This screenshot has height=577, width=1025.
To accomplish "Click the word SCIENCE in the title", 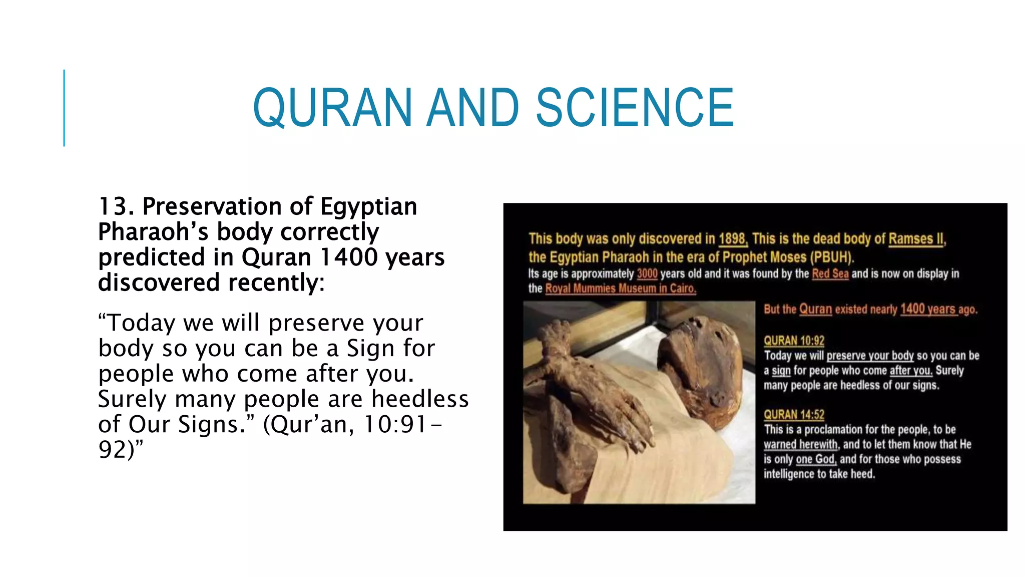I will tap(634, 107).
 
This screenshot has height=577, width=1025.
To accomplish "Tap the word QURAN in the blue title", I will tap(332, 107).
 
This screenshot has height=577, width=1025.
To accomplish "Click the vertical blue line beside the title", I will tap(64, 108).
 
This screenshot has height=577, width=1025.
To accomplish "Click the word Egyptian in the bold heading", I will tap(368, 207).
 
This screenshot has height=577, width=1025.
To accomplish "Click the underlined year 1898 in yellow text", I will tap(733, 239).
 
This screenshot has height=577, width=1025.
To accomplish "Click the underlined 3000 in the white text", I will tap(647, 274).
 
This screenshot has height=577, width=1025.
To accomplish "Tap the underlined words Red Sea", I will tap(830, 274).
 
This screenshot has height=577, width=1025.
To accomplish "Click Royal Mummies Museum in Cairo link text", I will tap(620, 288).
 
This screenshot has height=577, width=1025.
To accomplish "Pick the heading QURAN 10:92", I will tap(794, 341).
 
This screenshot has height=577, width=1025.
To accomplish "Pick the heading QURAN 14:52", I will tap(794, 415).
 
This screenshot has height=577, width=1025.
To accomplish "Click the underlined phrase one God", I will tap(816, 459).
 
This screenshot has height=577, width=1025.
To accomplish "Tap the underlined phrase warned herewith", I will tap(800, 444).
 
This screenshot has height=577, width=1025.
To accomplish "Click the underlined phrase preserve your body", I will tap(870, 356).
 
